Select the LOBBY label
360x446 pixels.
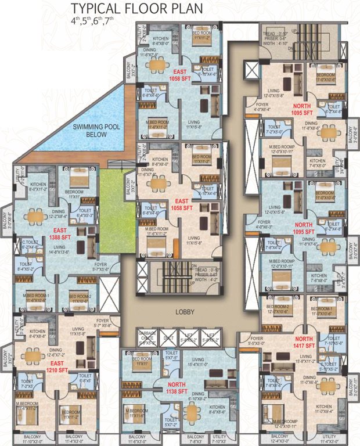point(183,312)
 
